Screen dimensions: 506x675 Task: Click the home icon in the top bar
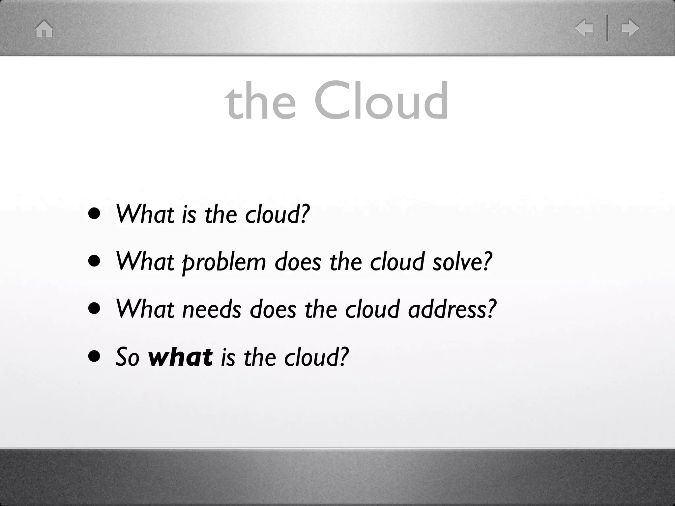click(44, 29)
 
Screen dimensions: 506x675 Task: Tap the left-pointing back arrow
click(584, 28)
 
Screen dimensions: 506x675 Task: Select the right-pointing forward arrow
click(630, 28)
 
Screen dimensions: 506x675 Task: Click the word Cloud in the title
click(381, 100)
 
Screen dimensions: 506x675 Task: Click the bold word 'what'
click(180, 357)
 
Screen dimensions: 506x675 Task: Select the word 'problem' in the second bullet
click(224, 262)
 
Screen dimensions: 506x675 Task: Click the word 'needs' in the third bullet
click(212, 309)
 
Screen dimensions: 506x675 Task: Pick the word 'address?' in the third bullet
click(452, 309)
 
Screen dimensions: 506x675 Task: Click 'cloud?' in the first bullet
click(277, 214)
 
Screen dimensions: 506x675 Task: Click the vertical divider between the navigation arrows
click(607, 28)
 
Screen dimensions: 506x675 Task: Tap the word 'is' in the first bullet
click(189, 214)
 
